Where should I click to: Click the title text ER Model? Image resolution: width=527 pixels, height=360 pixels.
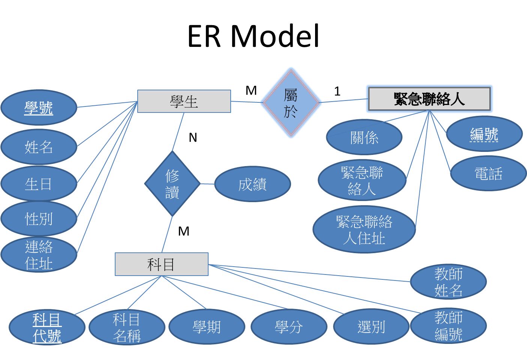pyautogui.click(x=253, y=36)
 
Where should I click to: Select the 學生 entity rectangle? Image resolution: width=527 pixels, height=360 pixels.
pyautogui.click(x=184, y=101)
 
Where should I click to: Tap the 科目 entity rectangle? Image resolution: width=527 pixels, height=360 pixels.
pyautogui.click(x=161, y=264)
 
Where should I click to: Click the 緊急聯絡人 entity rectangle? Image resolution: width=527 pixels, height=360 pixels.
pyautogui.click(x=429, y=99)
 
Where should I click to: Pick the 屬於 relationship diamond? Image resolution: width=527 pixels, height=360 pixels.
pyautogui.click(x=291, y=102)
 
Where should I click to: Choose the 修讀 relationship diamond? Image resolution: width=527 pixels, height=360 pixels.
pyautogui.click(x=172, y=184)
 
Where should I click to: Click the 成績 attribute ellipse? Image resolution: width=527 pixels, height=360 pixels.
pyautogui.click(x=252, y=184)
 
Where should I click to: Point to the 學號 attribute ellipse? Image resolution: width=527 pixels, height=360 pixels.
pyautogui.click(x=39, y=108)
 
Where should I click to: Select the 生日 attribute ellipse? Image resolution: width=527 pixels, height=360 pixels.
pyautogui.click(x=39, y=184)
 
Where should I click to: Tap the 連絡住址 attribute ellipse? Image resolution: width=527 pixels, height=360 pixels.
pyautogui.click(x=39, y=255)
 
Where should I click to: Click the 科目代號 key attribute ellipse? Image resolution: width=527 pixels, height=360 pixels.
pyautogui.click(x=47, y=327)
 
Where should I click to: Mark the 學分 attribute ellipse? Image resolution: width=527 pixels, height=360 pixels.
pyautogui.click(x=288, y=327)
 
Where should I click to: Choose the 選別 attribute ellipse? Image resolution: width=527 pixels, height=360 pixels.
pyautogui.click(x=371, y=327)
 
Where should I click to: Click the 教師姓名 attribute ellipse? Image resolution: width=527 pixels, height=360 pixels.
pyautogui.click(x=448, y=282)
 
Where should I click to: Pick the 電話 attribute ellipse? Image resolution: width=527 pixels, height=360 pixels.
pyautogui.click(x=488, y=174)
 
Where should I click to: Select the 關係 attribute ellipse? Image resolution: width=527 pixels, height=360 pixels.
pyautogui.click(x=364, y=137)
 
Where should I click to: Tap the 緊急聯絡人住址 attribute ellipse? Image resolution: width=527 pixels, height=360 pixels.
pyautogui.click(x=364, y=229)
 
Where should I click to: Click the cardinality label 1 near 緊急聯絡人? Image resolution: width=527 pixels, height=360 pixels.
pyautogui.click(x=337, y=91)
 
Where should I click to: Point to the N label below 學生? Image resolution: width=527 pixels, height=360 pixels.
pyautogui.click(x=193, y=138)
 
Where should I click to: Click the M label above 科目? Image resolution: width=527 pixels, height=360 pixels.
pyautogui.click(x=183, y=231)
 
